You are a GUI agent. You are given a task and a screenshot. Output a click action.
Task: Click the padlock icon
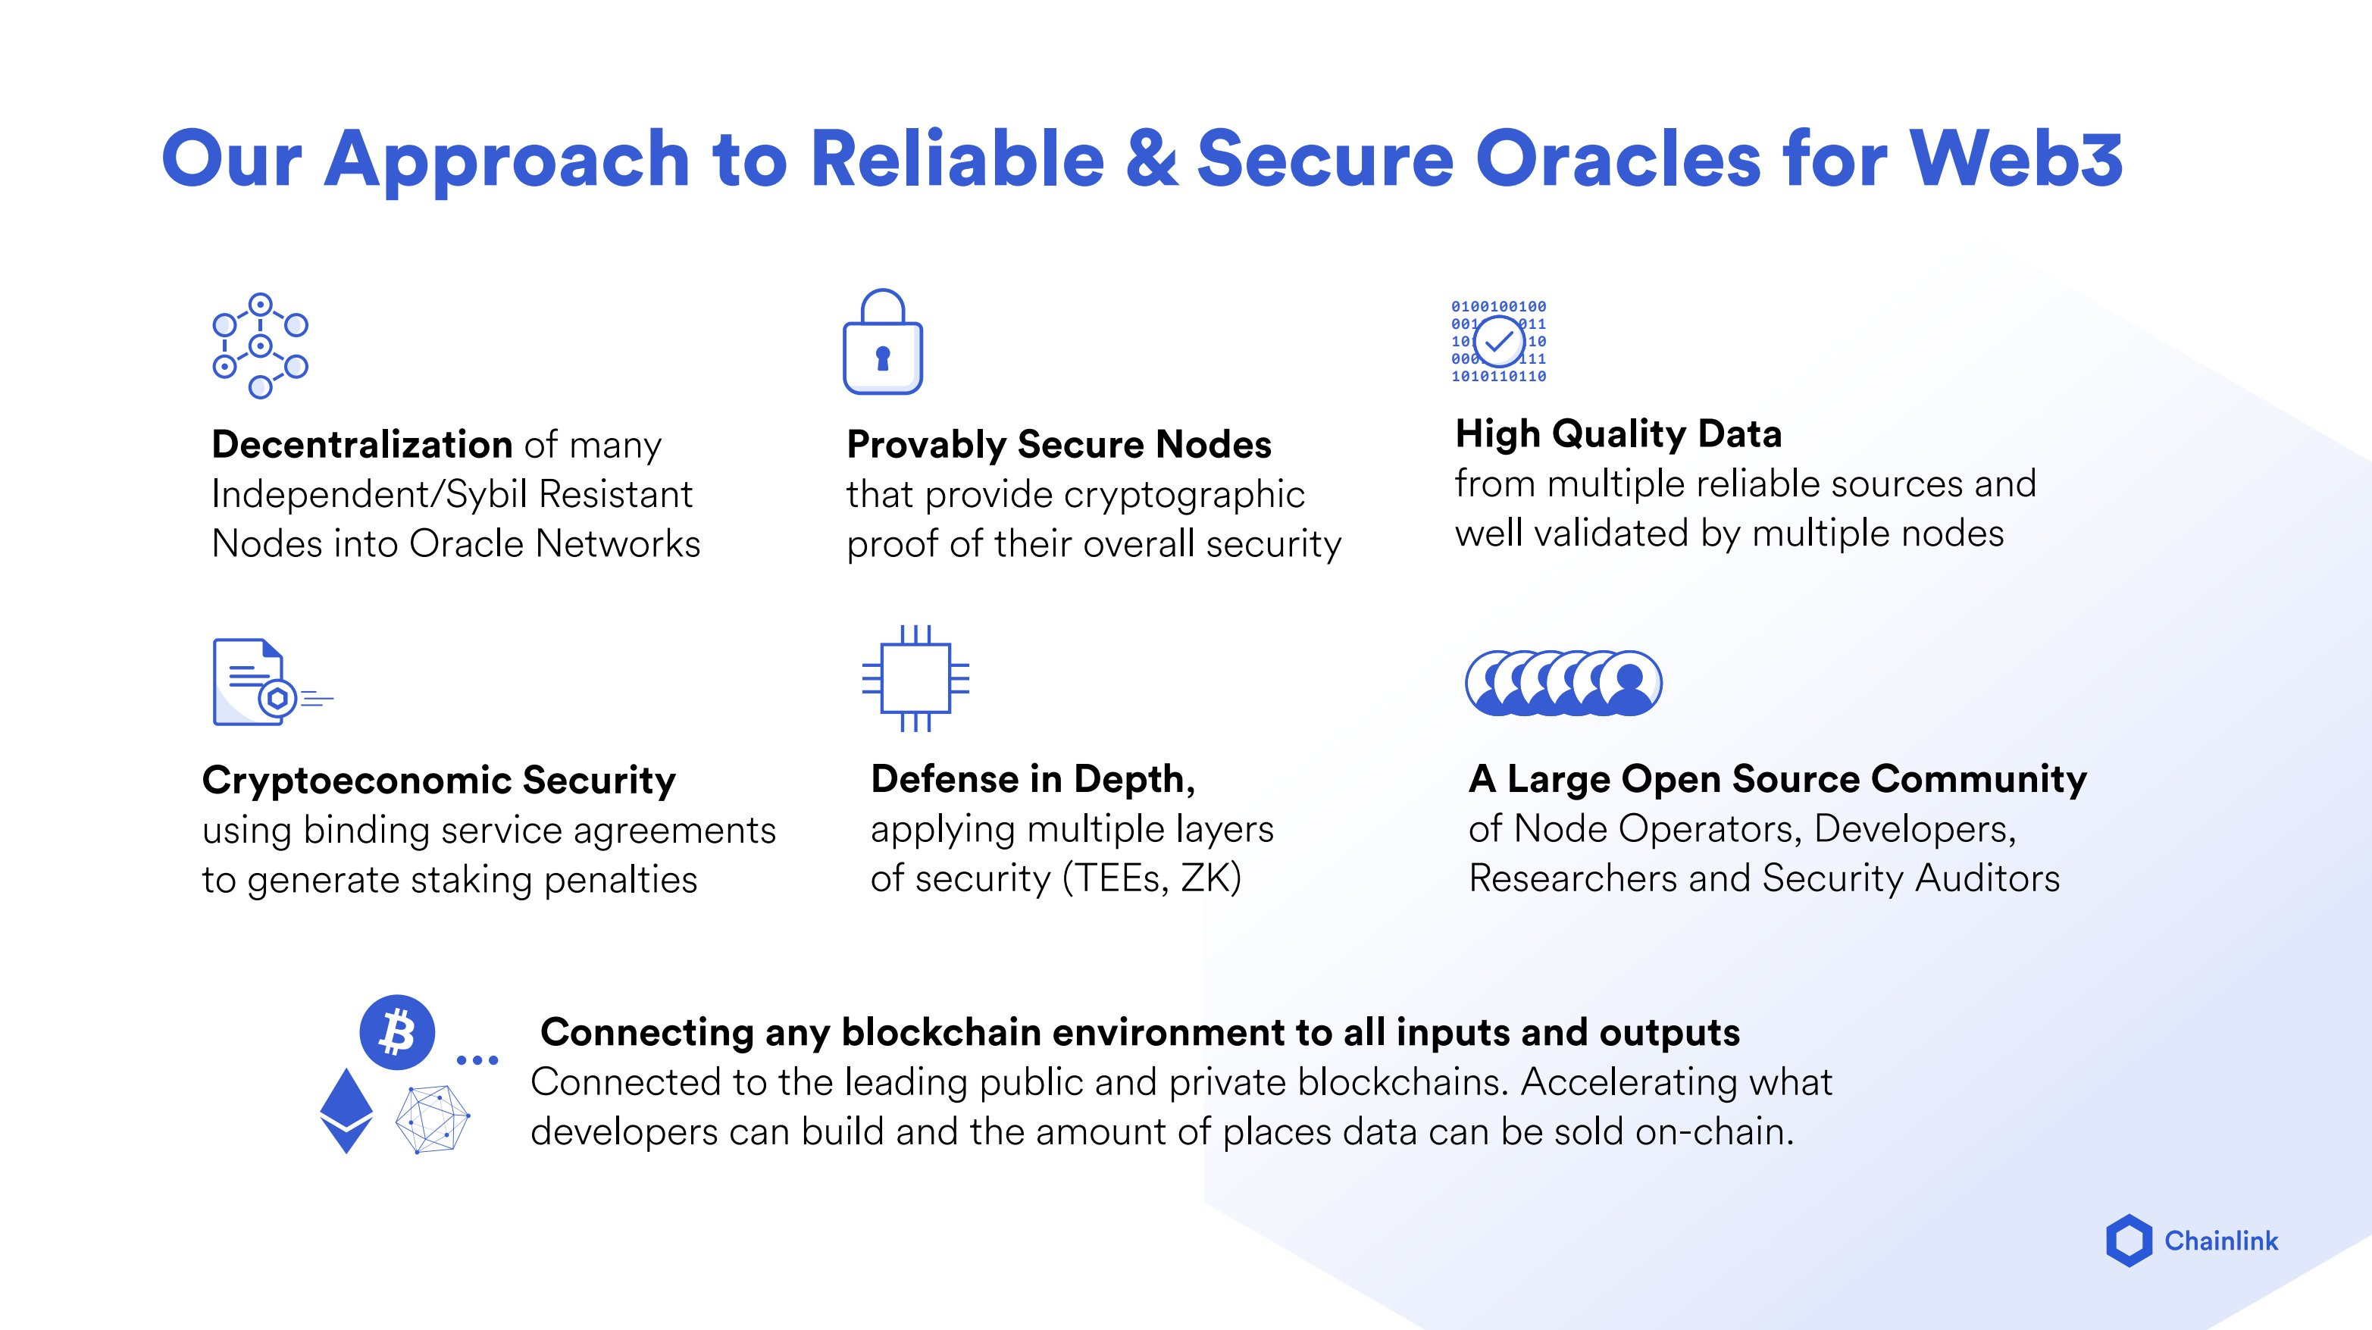(882, 343)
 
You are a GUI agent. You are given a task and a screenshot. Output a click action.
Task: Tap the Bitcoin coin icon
(397, 1031)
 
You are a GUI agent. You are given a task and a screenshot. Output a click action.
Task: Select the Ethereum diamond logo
(346, 1110)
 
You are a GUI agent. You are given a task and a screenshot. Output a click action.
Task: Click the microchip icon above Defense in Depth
(915, 679)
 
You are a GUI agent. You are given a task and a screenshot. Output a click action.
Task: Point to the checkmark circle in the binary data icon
(1498, 342)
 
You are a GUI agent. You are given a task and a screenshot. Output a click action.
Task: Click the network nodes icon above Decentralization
(261, 346)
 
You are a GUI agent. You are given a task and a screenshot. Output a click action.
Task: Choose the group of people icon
(1563, 683)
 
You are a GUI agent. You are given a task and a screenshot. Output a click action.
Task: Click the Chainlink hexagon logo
(2129, 1241)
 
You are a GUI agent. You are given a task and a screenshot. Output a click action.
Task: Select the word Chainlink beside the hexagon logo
(2221, 1241)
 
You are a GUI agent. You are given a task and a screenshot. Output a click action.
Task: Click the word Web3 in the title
(2017, 158)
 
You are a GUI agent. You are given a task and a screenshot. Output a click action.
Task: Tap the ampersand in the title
(1150, 158)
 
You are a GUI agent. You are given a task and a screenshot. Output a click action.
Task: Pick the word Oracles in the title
(1618, 158)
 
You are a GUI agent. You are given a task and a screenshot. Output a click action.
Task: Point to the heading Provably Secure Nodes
(1059, 445)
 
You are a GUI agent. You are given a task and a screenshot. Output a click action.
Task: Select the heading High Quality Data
(1618, 433)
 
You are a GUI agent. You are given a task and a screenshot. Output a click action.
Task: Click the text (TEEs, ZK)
(1151, 878)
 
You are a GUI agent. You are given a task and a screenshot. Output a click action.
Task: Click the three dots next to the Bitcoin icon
(477, 1060)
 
